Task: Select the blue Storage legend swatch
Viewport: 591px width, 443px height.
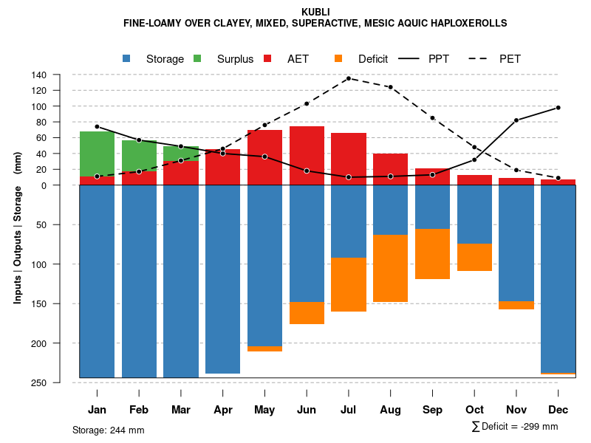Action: [x=127, y=59]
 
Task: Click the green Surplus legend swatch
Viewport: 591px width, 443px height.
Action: [x=198, y=59]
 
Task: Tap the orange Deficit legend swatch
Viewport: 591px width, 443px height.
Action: [x=339, y=59]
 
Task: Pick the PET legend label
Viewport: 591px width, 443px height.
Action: [x=510, y=59]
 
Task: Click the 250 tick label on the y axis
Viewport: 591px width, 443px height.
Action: [x=39, y=382]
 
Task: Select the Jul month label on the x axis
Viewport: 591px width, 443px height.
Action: [x=349, y=410]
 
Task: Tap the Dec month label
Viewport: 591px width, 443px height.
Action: [x=558, y=410]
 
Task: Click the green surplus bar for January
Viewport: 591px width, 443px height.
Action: [x=97, y=154]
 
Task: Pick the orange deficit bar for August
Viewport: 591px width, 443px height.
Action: [x=391, y=268]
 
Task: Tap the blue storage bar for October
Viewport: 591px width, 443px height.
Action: [x=474, y=214]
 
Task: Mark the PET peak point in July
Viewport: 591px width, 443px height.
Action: [x=349, y=78]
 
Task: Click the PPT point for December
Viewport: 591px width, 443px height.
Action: [x=558, y=108]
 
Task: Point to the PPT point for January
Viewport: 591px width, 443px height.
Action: [x=97, y=126]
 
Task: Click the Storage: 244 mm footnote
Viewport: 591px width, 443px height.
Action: [x=109, y=430]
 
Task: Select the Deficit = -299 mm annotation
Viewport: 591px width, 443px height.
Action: [x=515, y=427]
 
